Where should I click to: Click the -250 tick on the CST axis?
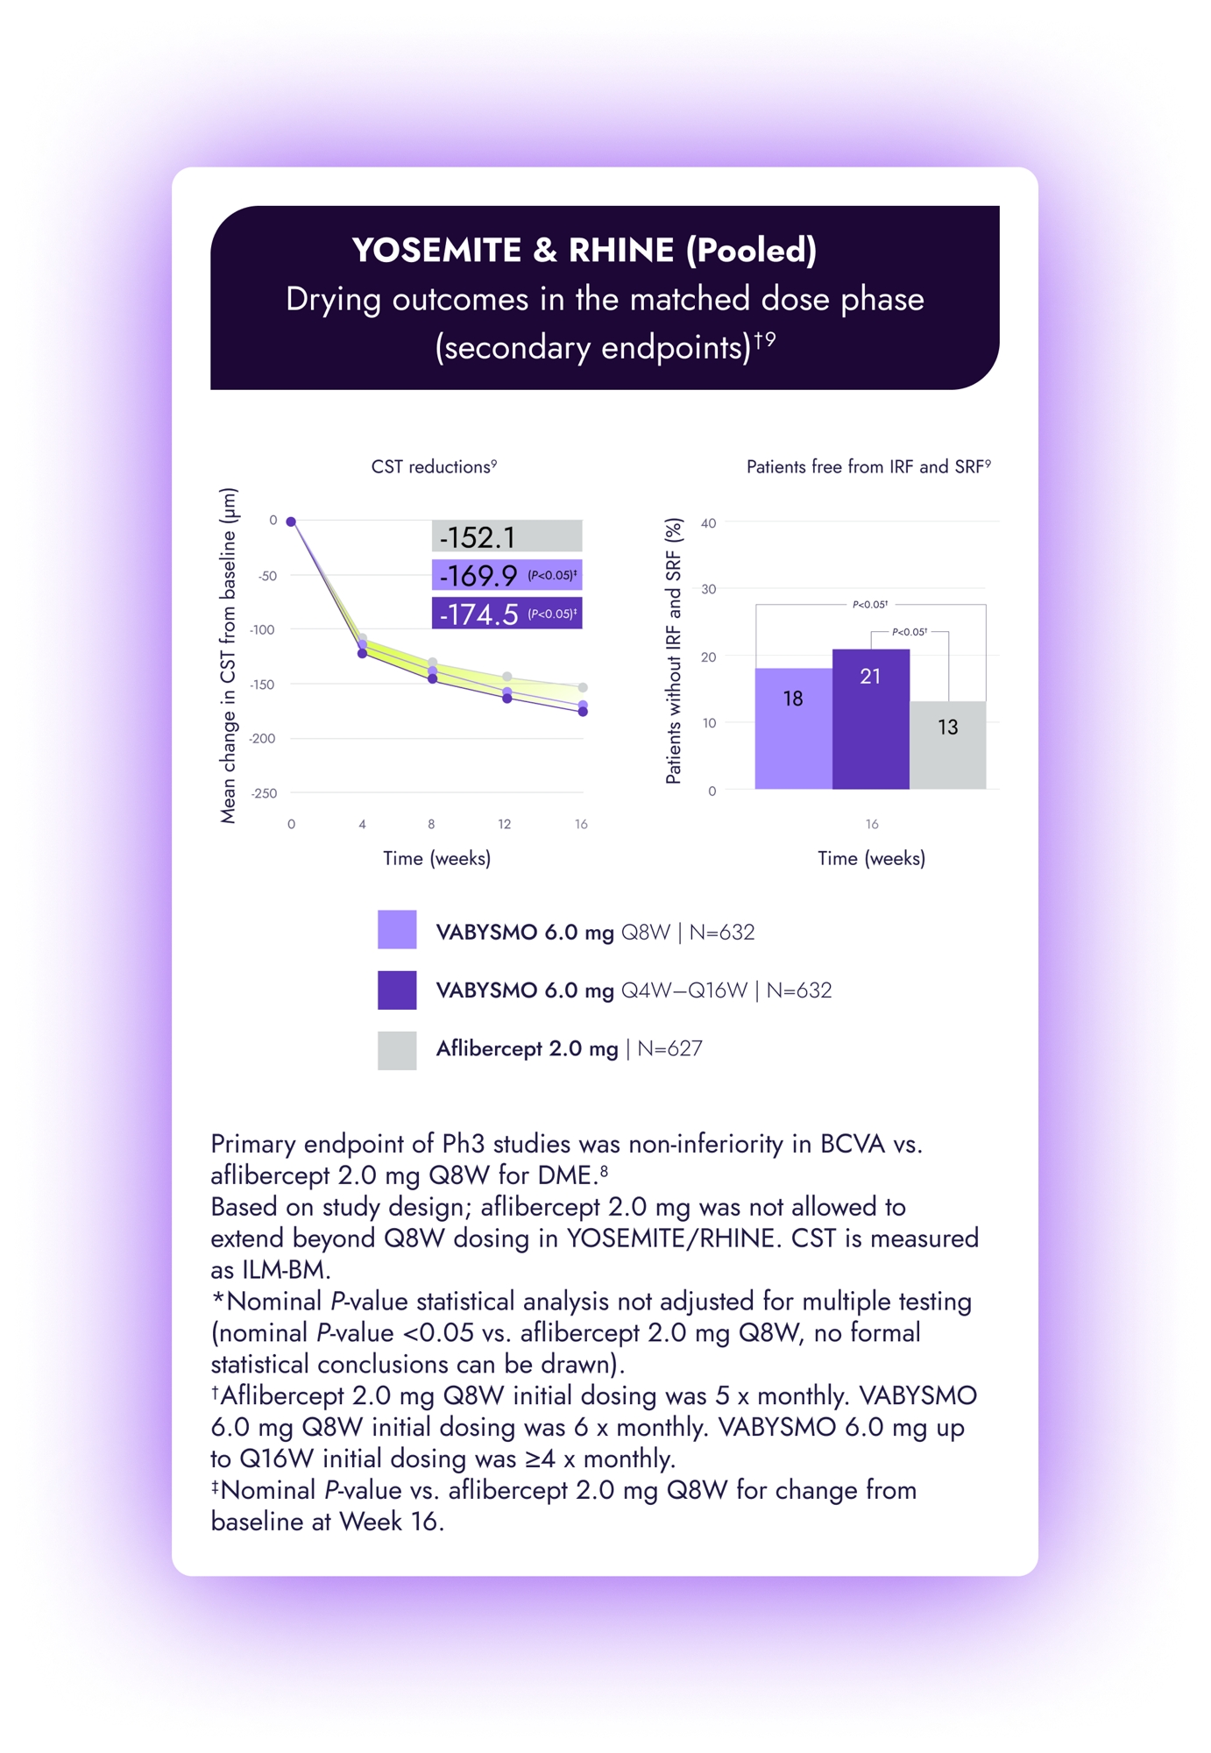(x=264, y=793)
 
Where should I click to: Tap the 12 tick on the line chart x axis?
(x=505, y=824)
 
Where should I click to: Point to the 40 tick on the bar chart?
(x=708, y=523)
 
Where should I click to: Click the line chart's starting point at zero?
(x=292, y=522)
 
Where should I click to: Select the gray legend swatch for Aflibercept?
(x=397, y=1050)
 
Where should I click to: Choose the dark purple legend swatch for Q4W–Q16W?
(x=397, y=990)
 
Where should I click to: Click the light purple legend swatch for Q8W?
(x=397, y=930)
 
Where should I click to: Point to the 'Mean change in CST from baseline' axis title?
(x=228, y=656)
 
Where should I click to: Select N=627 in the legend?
(x=669, y=1049)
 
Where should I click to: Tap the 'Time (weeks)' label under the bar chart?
(x=871, y=858)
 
